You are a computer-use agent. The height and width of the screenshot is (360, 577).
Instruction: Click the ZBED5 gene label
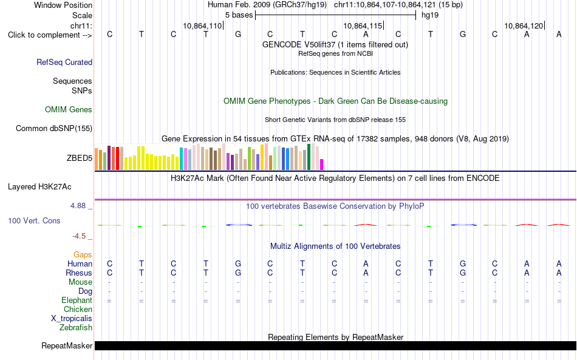tap(79, 158)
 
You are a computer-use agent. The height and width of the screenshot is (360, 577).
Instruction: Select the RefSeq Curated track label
tap(64, 62)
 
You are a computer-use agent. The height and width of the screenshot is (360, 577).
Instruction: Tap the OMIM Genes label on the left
tap(69, 110)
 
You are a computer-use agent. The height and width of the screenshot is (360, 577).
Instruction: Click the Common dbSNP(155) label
tap(54, 128)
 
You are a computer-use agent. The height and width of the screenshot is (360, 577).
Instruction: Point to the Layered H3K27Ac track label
tap(39, 187)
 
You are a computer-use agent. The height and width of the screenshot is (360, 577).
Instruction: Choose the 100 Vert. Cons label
tap(34, 220)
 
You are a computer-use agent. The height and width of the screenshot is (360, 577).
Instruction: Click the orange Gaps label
tap(83, 254)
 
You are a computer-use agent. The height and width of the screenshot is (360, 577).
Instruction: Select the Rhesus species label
tap(79, 273)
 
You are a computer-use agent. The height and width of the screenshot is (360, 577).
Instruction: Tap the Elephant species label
tap(77, 301)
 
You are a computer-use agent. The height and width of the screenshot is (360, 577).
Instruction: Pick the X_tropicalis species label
tap(72, 319)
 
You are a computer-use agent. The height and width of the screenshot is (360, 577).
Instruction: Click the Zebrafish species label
tap(76, 327)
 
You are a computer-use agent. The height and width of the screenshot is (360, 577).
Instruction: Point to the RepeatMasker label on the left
tap(67, 345)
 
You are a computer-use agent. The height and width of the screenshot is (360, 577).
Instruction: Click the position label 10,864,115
tap(363, 25)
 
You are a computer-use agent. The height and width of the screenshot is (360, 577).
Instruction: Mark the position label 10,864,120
tap(524, 25)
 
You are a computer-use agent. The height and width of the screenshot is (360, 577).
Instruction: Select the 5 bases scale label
tap(239, 15)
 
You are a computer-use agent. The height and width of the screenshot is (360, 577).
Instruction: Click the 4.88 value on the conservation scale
tap(78, 206)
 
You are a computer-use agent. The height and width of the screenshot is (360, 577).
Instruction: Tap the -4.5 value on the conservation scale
tap(79, 236)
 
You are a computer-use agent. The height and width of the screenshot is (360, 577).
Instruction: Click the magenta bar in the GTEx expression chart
tap(322, 165)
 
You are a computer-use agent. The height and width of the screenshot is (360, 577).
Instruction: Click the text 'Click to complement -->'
tap(50, 35)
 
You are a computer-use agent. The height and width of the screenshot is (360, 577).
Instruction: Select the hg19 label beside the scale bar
tap(430, 15)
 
